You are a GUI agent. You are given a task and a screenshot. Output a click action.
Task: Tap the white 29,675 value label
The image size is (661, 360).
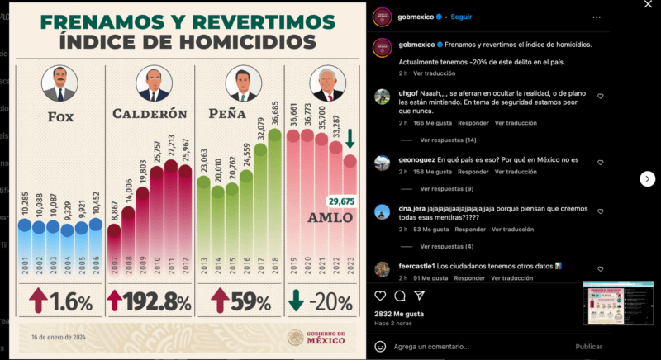(340, 201)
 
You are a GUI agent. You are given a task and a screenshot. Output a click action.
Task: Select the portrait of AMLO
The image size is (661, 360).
(326, 84)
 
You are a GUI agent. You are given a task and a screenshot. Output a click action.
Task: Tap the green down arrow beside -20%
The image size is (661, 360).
(296, 301)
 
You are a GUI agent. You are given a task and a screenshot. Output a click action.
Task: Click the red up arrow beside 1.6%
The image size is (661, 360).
(38, 301)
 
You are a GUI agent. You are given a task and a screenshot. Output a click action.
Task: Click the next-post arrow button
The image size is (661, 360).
(648, 178)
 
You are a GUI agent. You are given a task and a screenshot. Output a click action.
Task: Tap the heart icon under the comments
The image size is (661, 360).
(380, 296)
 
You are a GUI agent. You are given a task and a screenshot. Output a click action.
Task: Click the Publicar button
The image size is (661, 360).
(588, 347)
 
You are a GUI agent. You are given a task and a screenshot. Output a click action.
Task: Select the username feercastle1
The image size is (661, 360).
(416, 266)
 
